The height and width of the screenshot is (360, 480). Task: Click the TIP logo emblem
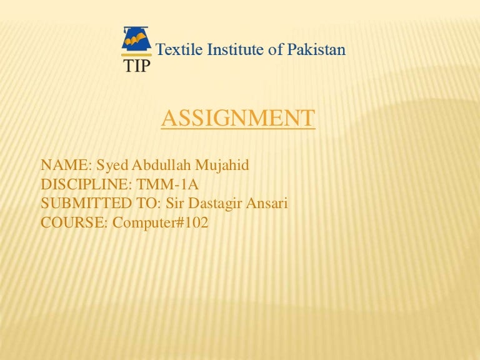pos(136,41)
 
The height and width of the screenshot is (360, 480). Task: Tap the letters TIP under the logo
pos(136,66)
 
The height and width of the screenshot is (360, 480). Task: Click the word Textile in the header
pos(176,49)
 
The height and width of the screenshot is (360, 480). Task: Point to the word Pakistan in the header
pos(316,49)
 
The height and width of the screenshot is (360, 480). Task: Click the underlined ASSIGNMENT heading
pos(238,117)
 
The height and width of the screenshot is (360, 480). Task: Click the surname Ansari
pos(267,203)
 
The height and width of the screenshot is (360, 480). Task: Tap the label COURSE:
pos(74,222)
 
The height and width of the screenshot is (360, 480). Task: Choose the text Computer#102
pos(161,222)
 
